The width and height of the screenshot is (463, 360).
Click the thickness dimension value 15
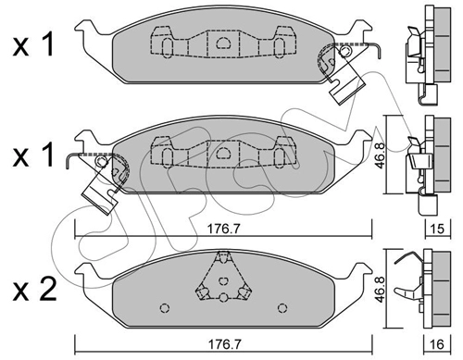point(438,229)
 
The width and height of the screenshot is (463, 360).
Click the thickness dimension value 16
point(438,344)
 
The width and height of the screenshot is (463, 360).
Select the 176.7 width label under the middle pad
point(223,230)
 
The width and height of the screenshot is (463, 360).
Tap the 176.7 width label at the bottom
point(224,344)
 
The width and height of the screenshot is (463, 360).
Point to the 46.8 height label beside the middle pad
point(379,155)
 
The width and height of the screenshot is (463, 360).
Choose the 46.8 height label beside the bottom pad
point(379,289)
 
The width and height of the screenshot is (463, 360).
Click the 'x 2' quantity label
point(35,289)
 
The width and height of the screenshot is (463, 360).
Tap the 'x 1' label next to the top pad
point(33,45)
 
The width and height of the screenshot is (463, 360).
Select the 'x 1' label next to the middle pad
point(33,155)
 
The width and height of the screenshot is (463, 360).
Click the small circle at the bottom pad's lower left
point(165,308)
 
